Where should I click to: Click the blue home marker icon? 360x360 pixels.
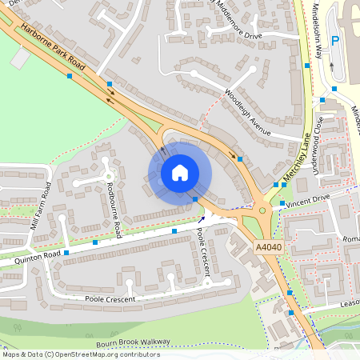(x=180, y=172)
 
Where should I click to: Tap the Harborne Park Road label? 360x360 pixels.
(x=54, y=47)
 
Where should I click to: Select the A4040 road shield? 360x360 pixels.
(x=270, y=248)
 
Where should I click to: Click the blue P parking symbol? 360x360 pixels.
(x=335, y=41)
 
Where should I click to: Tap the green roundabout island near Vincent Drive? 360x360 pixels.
(x=263, y=212)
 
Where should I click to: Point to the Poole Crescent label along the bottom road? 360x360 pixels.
(x=110, y=299)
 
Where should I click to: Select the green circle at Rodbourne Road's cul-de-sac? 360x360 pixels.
(x=107, y=174)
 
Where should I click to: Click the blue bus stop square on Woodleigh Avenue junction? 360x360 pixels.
(x=241, y=159)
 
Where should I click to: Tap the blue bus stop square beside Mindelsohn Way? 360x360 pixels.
(x=306, y=66)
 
